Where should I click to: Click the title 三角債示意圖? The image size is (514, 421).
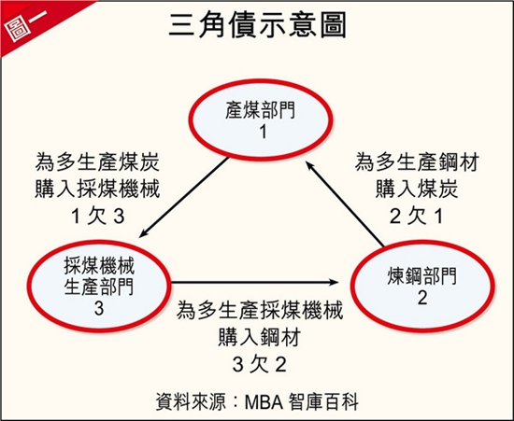point(257,25)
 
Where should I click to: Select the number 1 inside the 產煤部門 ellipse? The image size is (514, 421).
point(263,133)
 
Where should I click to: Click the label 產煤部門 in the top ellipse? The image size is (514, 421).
point(261,110)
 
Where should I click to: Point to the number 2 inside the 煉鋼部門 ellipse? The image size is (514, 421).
point(422,298)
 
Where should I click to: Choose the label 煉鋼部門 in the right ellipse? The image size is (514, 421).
point(421,276)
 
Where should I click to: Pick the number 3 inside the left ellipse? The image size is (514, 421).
point(99,308)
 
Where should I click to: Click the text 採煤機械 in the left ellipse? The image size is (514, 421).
point(99,265)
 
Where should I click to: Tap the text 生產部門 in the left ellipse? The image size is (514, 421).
point(99,287)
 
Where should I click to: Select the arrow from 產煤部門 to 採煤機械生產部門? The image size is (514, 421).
point(183,198)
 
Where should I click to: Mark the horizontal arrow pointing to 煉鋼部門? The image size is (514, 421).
point(255,282)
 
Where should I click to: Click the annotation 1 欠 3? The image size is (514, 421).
point(98,217)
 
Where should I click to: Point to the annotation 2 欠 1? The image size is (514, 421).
point(417,216)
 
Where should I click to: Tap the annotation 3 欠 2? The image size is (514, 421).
point(260,364)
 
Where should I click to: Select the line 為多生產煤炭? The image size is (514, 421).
point(97,162)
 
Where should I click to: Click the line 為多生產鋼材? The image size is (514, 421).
point(417,162)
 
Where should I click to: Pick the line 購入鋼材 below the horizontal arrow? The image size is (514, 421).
point(260,337)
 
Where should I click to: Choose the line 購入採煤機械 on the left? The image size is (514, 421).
point(97,189)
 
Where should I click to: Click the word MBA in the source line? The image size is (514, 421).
point(264,401)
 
